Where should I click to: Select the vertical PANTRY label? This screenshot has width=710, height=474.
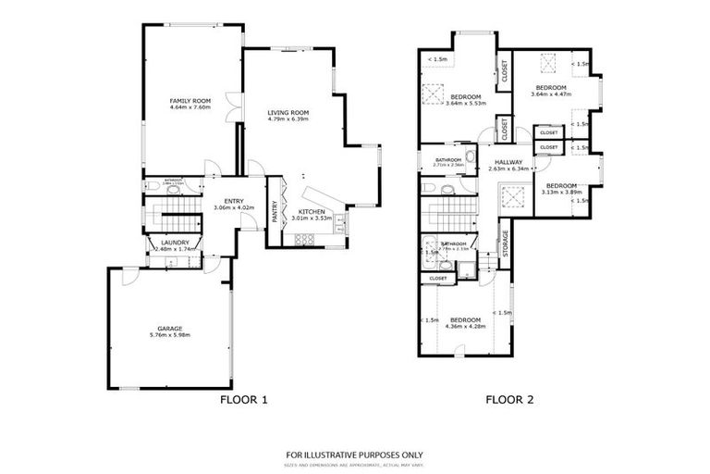pos(275,213)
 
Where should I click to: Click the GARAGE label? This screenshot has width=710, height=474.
pos(168,329)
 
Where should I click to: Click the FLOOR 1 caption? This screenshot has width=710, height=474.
pos(242,400)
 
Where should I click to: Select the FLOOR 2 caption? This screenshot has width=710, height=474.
pos(509,400)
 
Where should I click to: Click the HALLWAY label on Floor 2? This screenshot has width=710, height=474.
pos(508,162)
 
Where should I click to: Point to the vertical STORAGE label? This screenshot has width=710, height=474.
pos(505,241)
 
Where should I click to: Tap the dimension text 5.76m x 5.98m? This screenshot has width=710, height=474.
pos(168,335)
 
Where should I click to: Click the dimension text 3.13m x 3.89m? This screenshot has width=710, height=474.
pos(560,191)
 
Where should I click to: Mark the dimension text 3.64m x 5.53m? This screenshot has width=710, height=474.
pos(465,103)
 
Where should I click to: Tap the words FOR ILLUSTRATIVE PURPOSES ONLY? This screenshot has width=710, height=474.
pos(354,454)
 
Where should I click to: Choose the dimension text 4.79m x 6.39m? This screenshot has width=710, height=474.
pos(288,118)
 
